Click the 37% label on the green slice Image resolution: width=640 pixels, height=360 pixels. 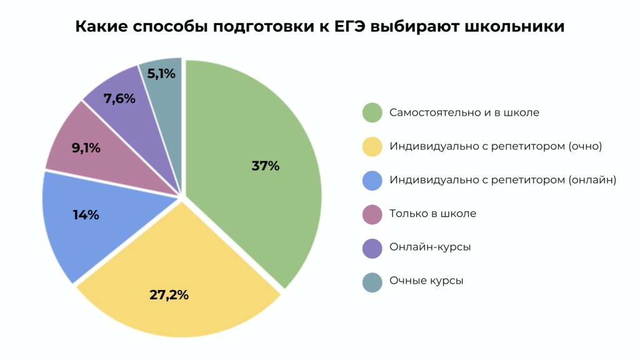[265, 166]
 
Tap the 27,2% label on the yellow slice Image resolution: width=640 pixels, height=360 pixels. [169, 295]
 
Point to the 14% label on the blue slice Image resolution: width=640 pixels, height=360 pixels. [86, 215]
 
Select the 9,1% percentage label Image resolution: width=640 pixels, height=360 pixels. [86, 148]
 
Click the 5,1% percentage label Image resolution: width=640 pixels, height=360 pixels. [161, 74]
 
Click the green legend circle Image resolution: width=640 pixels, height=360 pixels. [372, 113]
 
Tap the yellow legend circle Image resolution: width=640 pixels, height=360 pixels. [372, 146]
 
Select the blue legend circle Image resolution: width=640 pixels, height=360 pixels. [372, 180]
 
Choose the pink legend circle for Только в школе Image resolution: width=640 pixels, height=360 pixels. [372, 214]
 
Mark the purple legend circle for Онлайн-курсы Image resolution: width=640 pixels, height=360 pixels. [372, 247]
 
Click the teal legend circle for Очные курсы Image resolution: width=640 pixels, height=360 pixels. [372, 281]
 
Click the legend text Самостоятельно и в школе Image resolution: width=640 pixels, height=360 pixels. [464, 113]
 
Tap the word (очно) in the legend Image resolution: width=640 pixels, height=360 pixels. [585, 146]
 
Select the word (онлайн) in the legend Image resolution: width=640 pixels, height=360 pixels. [592, 180]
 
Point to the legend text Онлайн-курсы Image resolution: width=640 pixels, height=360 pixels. [430, 247]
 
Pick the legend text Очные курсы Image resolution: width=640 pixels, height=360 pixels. [426, 281]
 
